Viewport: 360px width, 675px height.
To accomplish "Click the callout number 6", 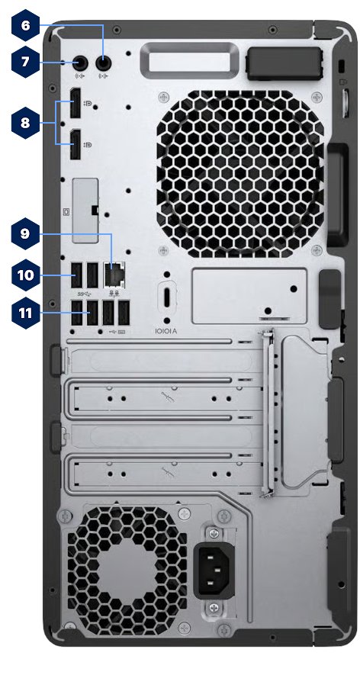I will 25,25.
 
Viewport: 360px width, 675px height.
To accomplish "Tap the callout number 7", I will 25,61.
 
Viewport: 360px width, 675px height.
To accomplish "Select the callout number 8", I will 25,121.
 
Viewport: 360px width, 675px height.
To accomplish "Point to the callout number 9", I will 25,233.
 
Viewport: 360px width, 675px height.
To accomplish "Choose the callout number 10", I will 25,275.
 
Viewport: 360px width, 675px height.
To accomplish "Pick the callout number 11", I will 25,311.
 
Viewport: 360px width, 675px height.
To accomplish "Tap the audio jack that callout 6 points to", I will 104,64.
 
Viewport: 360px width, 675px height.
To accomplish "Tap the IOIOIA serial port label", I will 166,331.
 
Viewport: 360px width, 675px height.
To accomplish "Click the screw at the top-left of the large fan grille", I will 162,98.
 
